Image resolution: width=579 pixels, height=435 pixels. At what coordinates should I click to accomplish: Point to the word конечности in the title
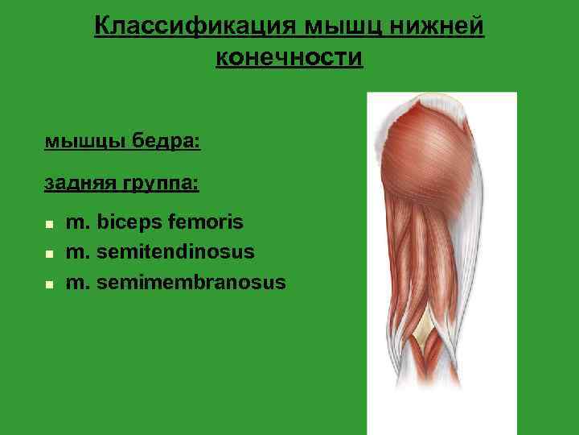(289, 58)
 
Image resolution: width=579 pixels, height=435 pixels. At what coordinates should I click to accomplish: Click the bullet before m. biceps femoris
(49, 224)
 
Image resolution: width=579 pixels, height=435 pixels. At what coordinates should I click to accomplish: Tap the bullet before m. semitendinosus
(49, 255)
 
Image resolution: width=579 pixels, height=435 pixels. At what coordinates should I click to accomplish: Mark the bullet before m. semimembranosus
(49, 285)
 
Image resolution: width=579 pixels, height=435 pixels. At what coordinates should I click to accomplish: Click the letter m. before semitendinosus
(78, 253)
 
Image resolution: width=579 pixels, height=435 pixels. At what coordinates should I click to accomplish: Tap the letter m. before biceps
(78, 222)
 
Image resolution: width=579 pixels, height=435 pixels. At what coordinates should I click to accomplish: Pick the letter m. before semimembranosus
(78, 284)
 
